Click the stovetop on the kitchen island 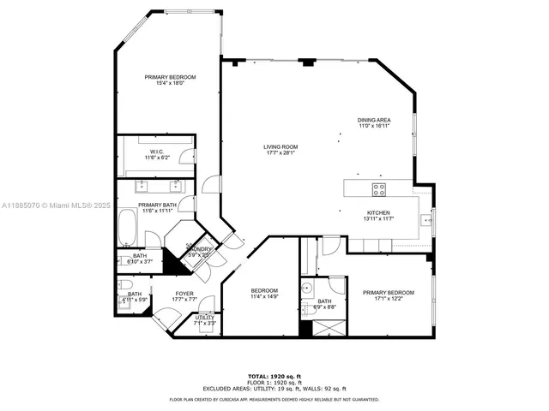[x=378, y=188]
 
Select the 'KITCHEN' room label [x=378, y=213]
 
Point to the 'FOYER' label [x=184, y=294]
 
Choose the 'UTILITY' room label [x=204, y=318]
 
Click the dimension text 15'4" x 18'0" [x=170, y=83]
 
